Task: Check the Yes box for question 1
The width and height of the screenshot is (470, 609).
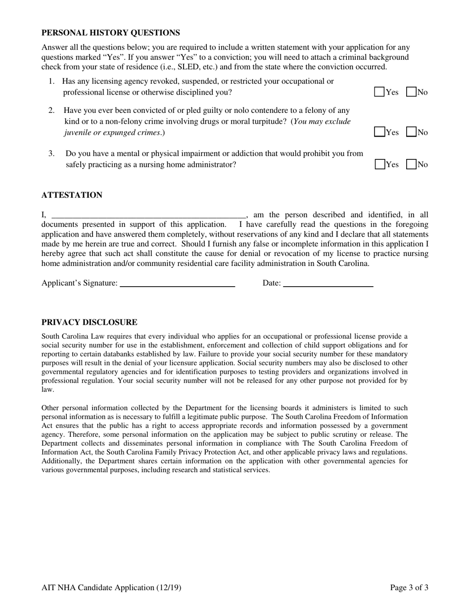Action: [379, 92]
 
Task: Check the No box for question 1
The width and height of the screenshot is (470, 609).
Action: [411, 92]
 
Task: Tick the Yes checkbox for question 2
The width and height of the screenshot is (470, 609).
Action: [379, 132]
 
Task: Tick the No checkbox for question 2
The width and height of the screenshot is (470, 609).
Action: [411, 132]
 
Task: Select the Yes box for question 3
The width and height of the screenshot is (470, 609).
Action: [379, 164]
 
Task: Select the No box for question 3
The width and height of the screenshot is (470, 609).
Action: [411, 164]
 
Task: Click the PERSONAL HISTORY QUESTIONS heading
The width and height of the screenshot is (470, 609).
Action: [110, 33]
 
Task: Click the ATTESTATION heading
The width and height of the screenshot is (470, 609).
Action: [72, 195]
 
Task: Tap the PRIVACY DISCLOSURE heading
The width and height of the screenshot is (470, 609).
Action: [89, 322]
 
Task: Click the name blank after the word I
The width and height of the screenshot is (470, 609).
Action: [148, 215]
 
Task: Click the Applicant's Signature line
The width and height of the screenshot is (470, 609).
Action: [177, 283]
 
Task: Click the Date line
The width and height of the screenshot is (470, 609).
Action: [328, 283]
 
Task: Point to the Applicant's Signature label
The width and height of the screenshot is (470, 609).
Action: [79, 283]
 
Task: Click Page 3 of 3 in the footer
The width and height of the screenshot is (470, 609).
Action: [409, 588]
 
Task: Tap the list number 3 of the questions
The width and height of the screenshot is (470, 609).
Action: [51, 153]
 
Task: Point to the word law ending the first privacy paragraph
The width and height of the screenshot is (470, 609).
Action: [47, 389]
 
